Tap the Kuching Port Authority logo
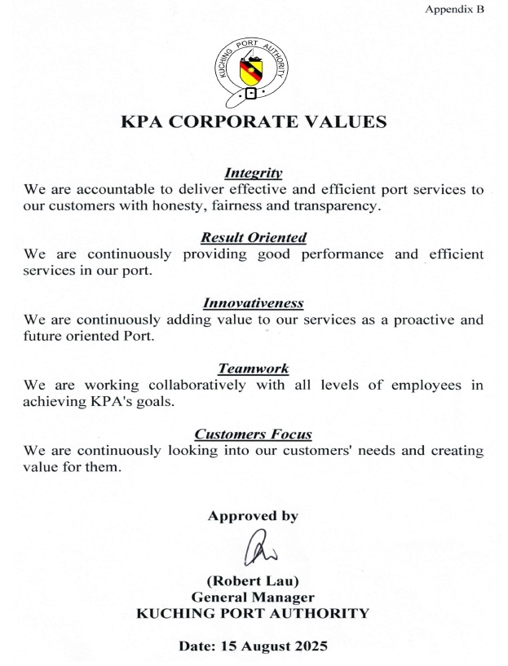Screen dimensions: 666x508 [252, 69]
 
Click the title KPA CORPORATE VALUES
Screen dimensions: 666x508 [254, 122]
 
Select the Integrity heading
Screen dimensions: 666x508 [254, 173]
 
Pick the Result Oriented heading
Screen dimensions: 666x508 [254, 238]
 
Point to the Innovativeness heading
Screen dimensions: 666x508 [254, 303]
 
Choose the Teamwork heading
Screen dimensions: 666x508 [254, 369]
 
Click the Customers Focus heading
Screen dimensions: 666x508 [254, 434]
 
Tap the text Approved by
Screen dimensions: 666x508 [253, 516]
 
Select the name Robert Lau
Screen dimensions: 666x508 [254, 581]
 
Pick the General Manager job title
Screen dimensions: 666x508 [254, 597]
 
